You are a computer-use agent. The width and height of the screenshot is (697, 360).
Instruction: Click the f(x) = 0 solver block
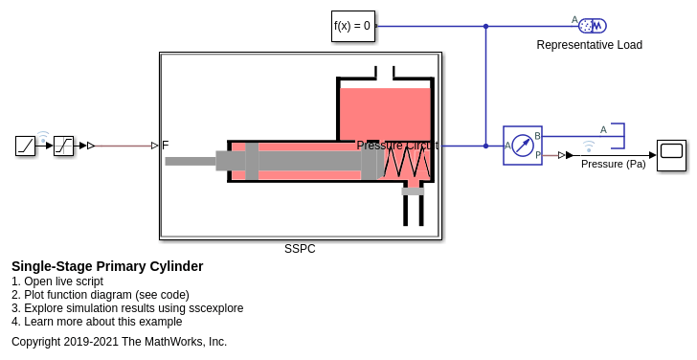(x=353, y=26)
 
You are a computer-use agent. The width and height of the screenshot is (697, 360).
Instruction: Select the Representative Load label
(x=590, y=45)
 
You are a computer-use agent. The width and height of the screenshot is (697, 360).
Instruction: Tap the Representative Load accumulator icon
(x=593, y=26)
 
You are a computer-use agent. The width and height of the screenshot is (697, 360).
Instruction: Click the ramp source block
(x=25, y=146)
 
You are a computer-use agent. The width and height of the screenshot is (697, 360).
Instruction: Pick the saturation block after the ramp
(x=63, y=146)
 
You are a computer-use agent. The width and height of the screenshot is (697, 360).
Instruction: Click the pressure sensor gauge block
(x=523, y=146)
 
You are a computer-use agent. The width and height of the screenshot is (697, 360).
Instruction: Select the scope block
(x=672, y=155)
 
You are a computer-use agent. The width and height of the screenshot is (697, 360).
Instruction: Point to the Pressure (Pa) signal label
(x=614, y=164)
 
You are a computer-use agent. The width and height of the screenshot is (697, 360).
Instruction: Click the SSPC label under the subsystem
(x=300, y=249)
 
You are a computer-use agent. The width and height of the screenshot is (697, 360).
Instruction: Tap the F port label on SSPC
(x=166, y=146)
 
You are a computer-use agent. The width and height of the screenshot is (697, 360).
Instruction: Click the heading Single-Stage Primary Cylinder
(x=107, y=266)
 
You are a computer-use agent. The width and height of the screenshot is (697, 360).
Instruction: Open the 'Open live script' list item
(x=57, y=281)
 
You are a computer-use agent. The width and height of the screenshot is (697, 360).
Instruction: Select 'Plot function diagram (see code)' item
(x=101, y=295)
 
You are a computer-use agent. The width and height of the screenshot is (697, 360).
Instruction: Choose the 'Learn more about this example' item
(x=97, y=322)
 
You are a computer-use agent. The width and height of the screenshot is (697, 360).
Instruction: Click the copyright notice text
(x=119, y=342)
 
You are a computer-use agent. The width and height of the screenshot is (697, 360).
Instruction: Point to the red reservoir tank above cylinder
(x=385, y=114)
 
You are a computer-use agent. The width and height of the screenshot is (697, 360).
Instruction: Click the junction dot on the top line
(x=485, y=26)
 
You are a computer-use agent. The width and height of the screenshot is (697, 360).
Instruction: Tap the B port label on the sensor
(x=537, y=136)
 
